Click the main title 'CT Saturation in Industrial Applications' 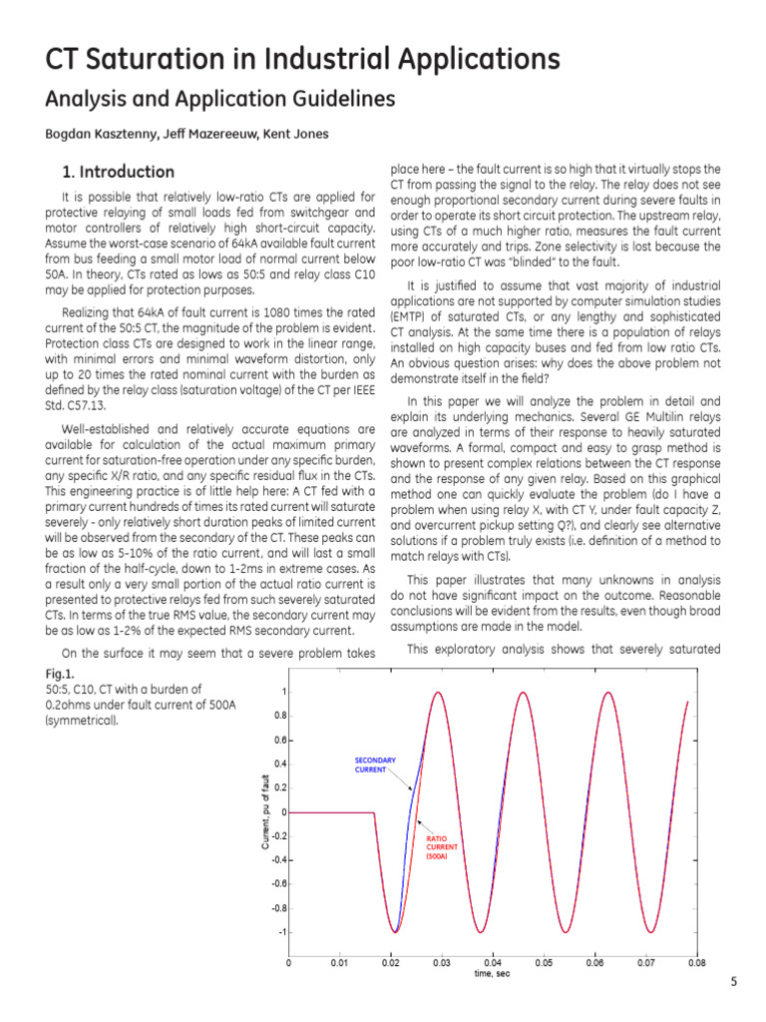point(303,59)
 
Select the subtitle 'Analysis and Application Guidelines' point(220,99)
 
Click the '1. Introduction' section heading point(118,172)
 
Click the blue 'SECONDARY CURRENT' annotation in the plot point(375,766)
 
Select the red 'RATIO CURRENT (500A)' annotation point(442,847)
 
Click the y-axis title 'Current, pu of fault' point(266,811)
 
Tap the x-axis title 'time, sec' point(492,974)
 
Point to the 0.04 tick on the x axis point(492,963)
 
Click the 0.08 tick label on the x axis point(695,963)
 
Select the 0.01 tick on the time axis point(339,963)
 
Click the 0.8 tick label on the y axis point(281,716)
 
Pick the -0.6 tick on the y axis point(279,883)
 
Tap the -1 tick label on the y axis point(282,931)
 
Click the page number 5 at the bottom point(733,982)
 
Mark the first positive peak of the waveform point(437,693)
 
